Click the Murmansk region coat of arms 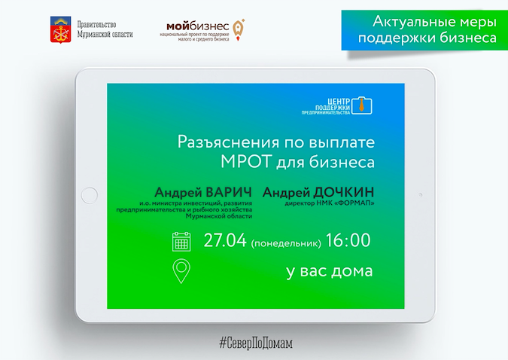(61, 30)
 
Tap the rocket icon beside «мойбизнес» (239, 30)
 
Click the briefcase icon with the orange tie (362, 105)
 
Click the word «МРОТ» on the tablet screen (247, 162)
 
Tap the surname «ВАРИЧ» (229, 192)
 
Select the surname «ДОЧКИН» (344, 192)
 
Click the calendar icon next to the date (181, 241)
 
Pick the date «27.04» (225, 240)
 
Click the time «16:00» (348, 240)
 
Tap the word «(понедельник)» (286, 243)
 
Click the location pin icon (181, 271)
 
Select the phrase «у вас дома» (330, 271)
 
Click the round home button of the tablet (89, 195)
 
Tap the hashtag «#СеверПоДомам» (256, 343)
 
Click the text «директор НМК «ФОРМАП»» (330, 203)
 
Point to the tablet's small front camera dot (421, 195)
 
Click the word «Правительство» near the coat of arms (96, 25)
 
